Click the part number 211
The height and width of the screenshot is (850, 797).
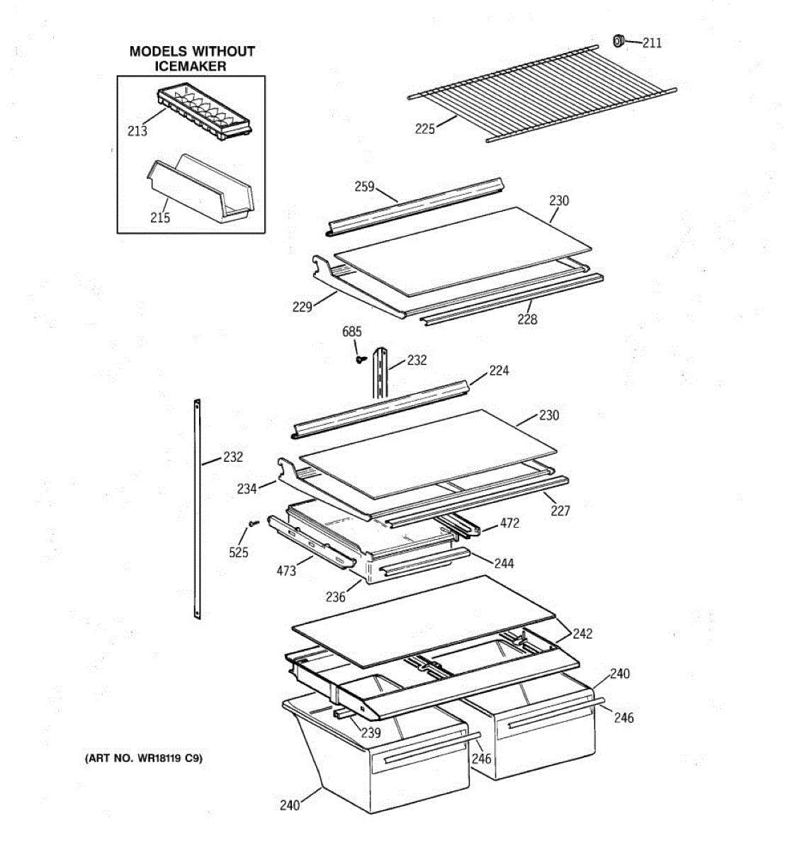coord(652,42)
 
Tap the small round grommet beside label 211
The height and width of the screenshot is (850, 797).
coord(618,40)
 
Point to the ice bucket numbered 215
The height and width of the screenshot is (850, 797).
coord(201,186)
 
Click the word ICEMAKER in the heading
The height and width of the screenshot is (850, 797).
coord(191,67)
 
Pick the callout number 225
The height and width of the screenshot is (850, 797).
coord(425,128)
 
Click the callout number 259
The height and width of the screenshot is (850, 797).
coord(364,186)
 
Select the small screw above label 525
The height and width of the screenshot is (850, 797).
coord(254,523)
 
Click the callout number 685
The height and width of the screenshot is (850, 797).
coord(352,331)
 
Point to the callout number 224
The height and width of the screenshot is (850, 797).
coord(499,370)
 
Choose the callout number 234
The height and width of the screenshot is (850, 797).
coord(247,488)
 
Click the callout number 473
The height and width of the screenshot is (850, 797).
coord(286,570)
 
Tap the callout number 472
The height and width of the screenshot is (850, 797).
coord(509,523)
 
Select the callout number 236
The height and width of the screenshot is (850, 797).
coord(335,596)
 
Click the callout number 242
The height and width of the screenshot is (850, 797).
coord(582,633)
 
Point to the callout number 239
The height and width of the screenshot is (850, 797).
coord(371,732)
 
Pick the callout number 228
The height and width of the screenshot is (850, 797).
coord(527,319)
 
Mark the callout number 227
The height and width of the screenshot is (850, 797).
coord(560,511)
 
